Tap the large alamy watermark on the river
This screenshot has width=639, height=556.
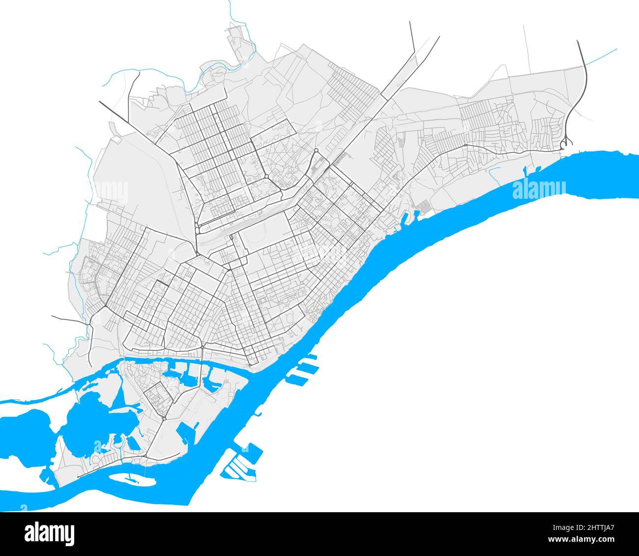[x=539, y=189]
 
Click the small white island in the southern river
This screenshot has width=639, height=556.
[x=127, y=477]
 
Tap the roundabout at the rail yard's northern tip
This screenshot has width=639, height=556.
[x=316, y=151]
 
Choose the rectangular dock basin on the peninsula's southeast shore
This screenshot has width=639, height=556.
[x=186, y=432]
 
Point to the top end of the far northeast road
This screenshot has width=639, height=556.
[x=578, y=41]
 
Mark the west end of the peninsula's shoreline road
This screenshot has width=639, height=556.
[x=78, y=477]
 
